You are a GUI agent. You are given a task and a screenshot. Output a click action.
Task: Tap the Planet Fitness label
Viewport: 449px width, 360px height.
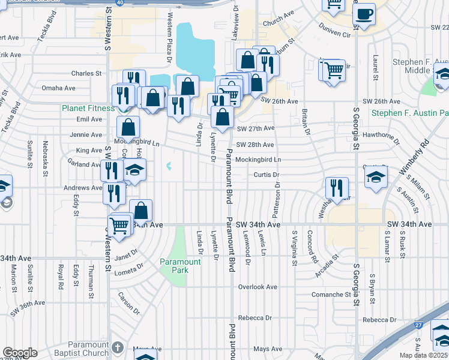click(x=88, y=109)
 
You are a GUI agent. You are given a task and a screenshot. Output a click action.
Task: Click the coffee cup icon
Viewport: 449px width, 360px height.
click(x=364, y=13)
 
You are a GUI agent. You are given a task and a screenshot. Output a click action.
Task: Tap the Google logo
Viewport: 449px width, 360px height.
click(x=20, y=352)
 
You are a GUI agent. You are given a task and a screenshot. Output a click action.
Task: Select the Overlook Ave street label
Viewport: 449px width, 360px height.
click(x=258, y=287)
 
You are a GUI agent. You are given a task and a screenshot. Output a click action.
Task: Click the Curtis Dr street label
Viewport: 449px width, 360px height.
click(x=267, y=175)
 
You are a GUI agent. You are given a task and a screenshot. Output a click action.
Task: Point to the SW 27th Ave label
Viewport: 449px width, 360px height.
click(x=255, y=128)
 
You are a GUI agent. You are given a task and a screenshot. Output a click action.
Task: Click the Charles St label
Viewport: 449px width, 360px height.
click(x=86, y=74)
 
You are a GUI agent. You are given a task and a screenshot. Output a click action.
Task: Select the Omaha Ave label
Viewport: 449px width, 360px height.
click(x=58, y=88)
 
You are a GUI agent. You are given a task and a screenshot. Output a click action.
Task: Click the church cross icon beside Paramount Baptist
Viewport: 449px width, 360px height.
click(x=118, y=347)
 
